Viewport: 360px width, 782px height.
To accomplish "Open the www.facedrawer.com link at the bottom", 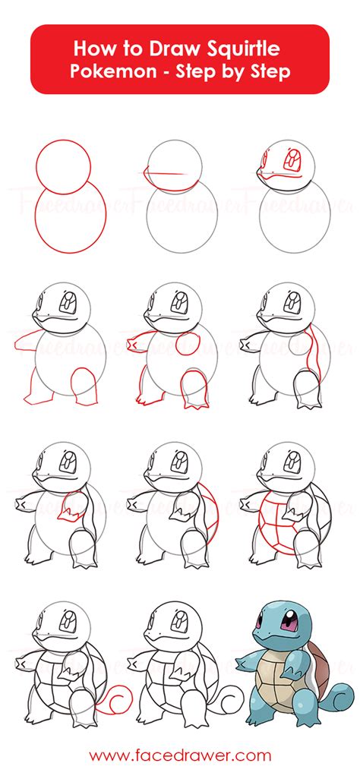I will click(x=180, y=755).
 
